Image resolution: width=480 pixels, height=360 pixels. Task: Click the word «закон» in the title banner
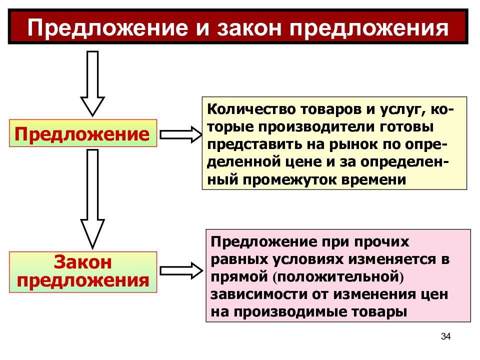coord(249,28)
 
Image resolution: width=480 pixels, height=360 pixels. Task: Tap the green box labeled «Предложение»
coord(83,133)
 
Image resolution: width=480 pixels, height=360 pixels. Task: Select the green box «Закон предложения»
coord(83,272)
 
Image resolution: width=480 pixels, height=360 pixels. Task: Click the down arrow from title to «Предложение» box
coord(92,83)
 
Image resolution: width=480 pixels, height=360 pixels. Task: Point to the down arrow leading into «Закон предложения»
coord(92,198)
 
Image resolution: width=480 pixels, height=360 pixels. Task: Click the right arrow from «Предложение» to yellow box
coord(181,134)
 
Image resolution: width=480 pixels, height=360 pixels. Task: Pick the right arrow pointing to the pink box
coord(181,270)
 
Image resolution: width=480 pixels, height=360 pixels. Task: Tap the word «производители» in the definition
coord(316,127)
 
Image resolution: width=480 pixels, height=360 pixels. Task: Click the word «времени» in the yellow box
coord(373,179)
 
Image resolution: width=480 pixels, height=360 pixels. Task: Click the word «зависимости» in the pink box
coord(258,294)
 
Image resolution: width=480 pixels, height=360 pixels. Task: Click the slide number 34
coord(445,336)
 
